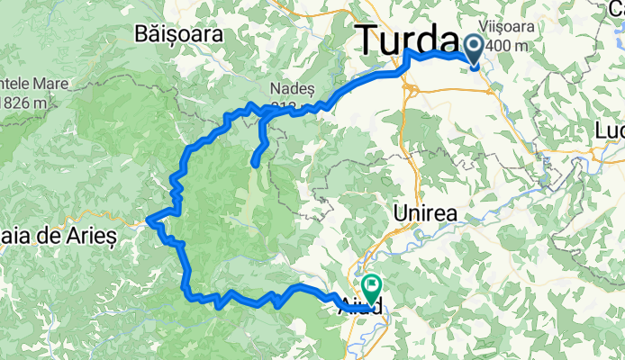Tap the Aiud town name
360,307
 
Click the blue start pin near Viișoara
475,47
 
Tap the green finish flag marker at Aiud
368,285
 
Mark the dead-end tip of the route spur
255,165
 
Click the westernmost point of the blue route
148,219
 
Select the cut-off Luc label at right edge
610,131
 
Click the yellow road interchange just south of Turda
408,88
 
